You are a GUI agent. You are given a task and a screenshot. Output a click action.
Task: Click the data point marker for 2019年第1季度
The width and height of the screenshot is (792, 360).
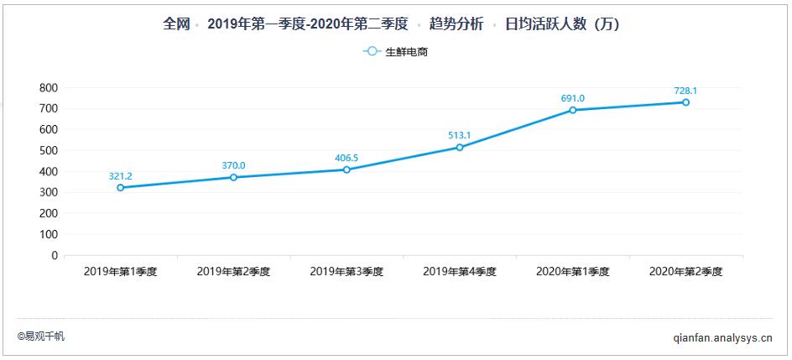121,188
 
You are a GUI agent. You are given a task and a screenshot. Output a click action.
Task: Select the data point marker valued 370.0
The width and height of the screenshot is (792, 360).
234,177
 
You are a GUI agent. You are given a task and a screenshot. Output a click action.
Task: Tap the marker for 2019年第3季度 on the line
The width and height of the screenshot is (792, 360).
346,170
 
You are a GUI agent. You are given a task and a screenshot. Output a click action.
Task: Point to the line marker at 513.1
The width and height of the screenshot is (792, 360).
460,148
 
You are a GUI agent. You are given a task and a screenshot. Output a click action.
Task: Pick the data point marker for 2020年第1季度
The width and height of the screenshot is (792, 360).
573,110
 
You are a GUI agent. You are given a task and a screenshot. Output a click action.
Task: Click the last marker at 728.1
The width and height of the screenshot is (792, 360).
685,102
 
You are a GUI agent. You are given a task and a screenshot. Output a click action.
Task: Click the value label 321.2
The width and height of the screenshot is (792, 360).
121,176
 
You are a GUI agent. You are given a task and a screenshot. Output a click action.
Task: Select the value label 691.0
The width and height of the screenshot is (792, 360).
573,98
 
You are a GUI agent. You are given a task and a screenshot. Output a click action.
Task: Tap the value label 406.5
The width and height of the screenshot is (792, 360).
346,158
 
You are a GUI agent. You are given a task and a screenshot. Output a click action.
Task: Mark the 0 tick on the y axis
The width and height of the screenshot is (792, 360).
55,255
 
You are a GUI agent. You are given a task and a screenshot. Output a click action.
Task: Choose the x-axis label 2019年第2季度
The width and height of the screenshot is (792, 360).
233,272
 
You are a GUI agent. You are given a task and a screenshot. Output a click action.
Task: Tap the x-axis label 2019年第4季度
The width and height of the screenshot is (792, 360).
460,272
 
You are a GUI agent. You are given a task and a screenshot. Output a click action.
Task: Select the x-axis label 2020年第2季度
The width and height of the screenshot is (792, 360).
685,272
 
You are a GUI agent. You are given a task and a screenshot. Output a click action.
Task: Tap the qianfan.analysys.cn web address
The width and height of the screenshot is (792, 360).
722,337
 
